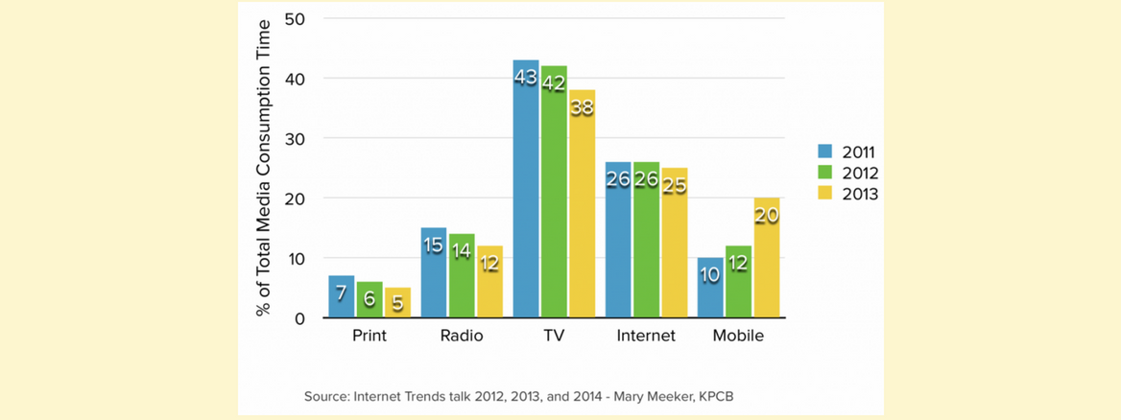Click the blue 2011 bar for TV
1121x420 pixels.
[526, 192]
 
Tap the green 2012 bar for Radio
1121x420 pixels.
[462, 278]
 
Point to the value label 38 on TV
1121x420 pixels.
[582, 108]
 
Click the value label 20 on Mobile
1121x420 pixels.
[766, 217]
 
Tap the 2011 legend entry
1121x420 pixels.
[849, 152]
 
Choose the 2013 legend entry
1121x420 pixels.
[849, 194]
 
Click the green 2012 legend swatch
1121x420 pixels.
[824, 173]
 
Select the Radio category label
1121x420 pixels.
[462, 337]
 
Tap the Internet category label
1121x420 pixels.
[646, 337]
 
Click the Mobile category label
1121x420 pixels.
[738, 337]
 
